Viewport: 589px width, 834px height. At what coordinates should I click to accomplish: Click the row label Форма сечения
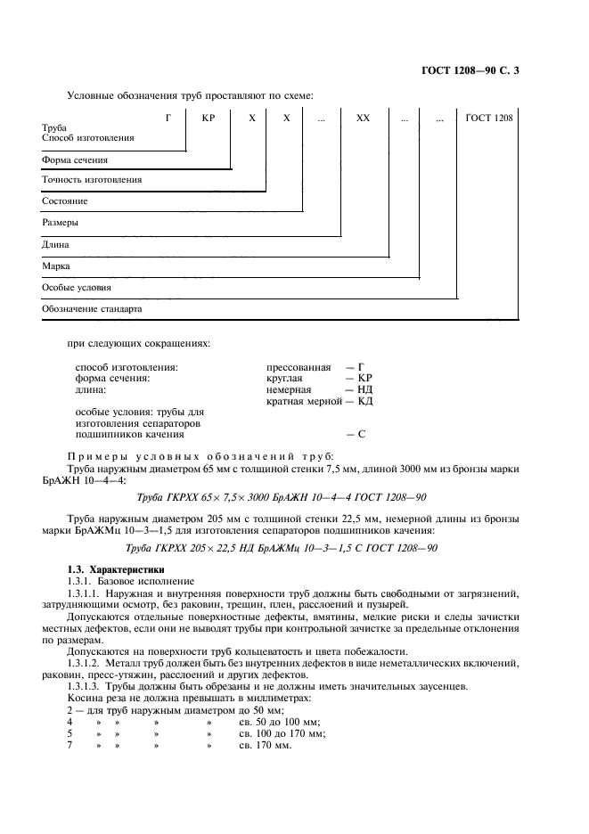point(76,159)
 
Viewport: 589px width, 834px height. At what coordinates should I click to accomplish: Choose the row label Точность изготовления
point(92,180)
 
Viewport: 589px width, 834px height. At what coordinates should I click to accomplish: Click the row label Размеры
point(60,223)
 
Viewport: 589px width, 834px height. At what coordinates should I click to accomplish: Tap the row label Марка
point(55,266)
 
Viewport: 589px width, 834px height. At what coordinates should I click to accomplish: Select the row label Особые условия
point(77,287)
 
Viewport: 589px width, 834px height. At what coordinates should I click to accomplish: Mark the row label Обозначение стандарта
point(92,308)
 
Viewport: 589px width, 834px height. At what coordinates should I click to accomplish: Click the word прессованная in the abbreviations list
point(299,366)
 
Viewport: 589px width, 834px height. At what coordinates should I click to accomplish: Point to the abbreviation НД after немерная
point(364,389)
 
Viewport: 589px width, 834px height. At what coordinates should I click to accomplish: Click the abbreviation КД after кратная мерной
point(364,401)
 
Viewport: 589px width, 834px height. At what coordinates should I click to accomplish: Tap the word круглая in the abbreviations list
point(286,378)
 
